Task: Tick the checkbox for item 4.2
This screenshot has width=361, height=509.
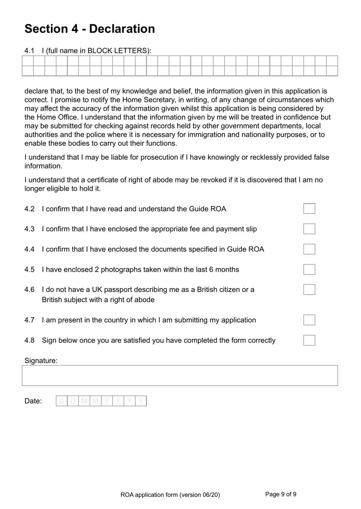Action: (x=309, y=209)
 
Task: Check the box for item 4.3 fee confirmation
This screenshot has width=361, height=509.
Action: (x=309, y=229)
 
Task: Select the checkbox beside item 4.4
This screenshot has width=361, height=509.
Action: (x=309, y=249)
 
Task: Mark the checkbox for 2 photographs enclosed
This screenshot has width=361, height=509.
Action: (x=309, y=269)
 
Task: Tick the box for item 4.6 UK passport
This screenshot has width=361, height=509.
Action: (x=309, y=289)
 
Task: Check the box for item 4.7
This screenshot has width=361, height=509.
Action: (x=309, y=320)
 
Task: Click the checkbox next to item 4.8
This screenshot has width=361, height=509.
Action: (x=309, y=340)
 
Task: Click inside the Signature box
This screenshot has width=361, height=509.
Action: (x=180, y=375)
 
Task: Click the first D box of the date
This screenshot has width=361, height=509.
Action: (x=62, y=401)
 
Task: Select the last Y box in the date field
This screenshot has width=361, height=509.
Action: (x=141, y=401)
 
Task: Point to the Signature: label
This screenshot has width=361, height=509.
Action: (x=41, y=361)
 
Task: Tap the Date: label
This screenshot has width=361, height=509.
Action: (x=33, y=401)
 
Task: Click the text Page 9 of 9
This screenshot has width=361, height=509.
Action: (x=280, y=494)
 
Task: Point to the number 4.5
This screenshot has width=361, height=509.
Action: (x=29, y=270)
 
